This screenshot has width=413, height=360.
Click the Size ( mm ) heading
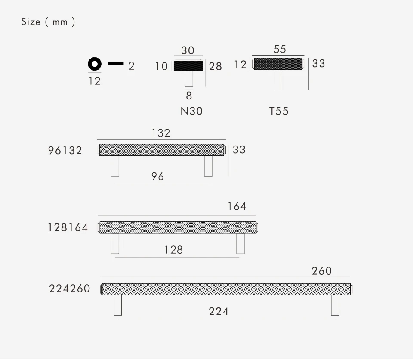point(48,22)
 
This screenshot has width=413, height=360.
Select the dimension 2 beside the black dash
point(132,66)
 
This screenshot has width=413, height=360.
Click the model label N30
point(191,111)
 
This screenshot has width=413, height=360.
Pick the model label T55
point(279,111)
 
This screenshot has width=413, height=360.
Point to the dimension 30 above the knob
point(188,50)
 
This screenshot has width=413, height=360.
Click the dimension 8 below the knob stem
point(189,96)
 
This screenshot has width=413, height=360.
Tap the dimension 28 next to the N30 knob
point(215,66)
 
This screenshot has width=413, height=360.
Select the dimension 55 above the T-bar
point(280,49)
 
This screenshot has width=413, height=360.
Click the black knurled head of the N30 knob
point(188,66)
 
